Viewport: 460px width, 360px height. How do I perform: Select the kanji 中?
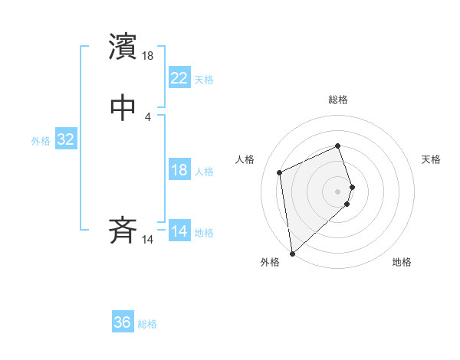(x=123, y=108)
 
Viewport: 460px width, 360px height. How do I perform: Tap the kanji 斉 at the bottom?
(x=123, y=231)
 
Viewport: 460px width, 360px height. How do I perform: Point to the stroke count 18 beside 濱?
(x=148, y=56)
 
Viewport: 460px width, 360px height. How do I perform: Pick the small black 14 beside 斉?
(x=148, y=240)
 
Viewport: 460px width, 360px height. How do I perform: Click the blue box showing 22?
(x=179, y=78)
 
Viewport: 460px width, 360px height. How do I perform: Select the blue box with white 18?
(x=179, y=170)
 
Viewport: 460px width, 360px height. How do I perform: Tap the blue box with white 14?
(x=179, y=231)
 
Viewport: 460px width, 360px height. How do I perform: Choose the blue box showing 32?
(x=65, y=139)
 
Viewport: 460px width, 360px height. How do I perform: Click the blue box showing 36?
(x=123, y=322)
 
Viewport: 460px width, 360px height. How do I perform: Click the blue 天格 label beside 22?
(x=204, y=80)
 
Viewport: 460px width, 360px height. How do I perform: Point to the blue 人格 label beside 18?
(x=204, y=172)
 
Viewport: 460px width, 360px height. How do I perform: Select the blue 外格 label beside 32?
(x=41, y=141)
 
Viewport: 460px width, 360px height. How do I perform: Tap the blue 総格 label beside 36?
(x=147, y=324)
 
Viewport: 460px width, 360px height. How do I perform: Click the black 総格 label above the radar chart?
(x=338, y=100)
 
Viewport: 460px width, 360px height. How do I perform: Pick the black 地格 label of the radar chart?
(x=402, y=262)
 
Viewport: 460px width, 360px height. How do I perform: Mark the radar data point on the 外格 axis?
(x=292, y=253)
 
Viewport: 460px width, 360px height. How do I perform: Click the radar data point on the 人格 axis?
(x=280, y=172)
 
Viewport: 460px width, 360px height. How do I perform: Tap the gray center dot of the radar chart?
(x=338, y=191)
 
